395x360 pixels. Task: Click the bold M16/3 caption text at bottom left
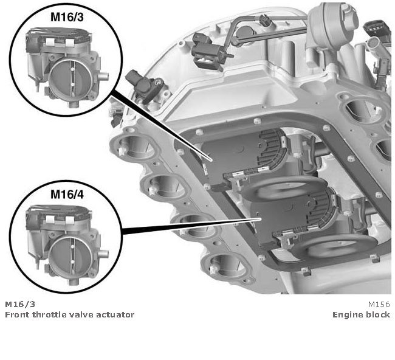pos(16,303)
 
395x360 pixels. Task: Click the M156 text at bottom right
pos(379,303)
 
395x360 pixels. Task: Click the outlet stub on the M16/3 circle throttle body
pos(103,77)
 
